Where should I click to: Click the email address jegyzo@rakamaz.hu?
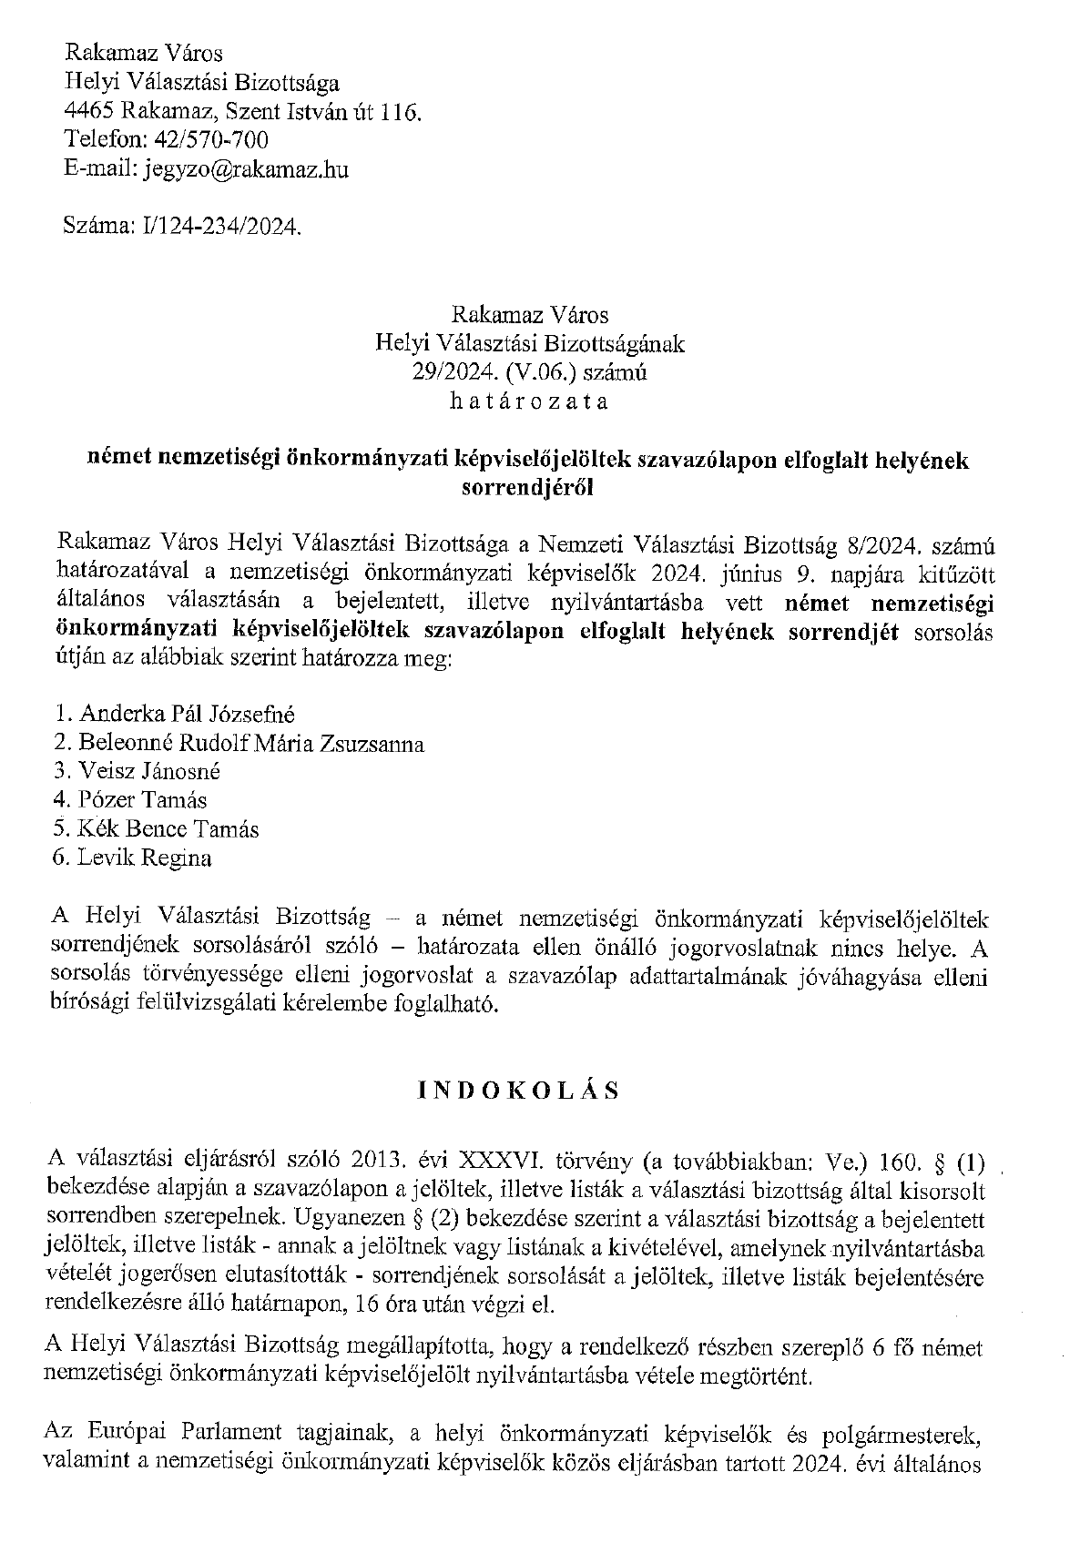tap(247, 169)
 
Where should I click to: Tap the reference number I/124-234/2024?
tap(216, 227)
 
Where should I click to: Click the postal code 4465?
tap(88, 111)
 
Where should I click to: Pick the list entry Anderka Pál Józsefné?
tap(187, 715)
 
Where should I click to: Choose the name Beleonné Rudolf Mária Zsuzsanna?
tap(251, 744)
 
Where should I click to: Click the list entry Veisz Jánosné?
tap(149, 772)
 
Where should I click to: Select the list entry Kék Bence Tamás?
tap(168, 829)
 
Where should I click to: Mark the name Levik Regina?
tap(145, 858)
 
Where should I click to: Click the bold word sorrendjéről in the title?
tap(528, 487)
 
